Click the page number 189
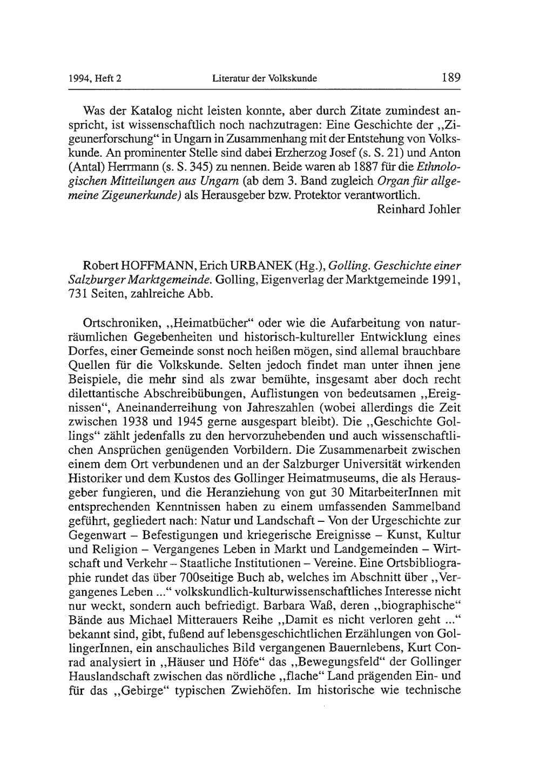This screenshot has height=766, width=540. click(450, 78)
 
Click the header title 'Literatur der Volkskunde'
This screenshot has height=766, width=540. click(265, 79)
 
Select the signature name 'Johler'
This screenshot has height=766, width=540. click(445, 209)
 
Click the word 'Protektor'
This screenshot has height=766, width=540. click(319, 195)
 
